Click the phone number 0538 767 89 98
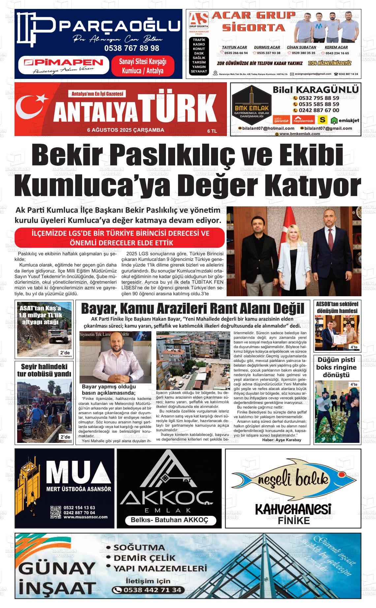click(x=132, y=48)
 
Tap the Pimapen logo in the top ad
click(x=64, y=63)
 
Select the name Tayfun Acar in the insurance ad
click(x=234, y=47)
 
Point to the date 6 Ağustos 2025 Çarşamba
click(x=126, y=130)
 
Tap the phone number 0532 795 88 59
click(x=319, y=98)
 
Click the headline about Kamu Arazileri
click(x=192, y=308)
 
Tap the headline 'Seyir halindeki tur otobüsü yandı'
click(x=44, y=370)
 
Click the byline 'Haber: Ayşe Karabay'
click(x=281, y=440)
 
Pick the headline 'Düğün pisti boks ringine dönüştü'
click(x=336, y=367)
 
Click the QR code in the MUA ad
click(x=56, y=512)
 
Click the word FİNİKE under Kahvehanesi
click(x=294, y=521)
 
